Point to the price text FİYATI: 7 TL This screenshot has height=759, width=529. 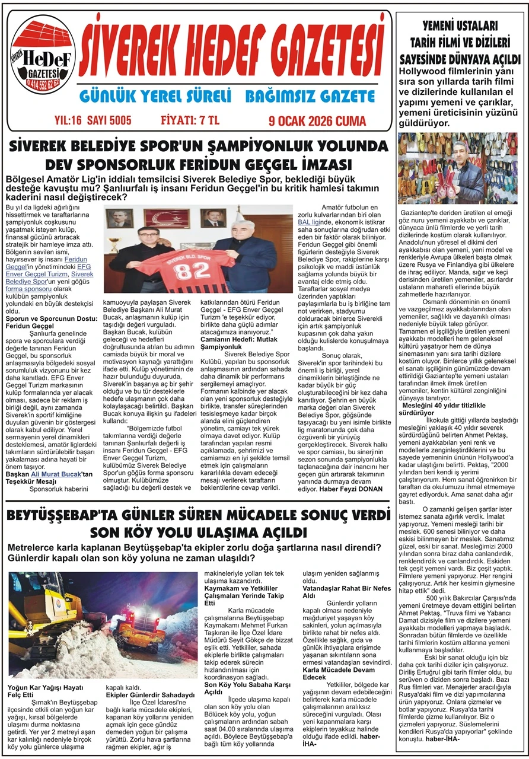click(x=190, y=120)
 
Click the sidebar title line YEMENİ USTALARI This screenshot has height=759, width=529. click(x=460, y=27)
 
